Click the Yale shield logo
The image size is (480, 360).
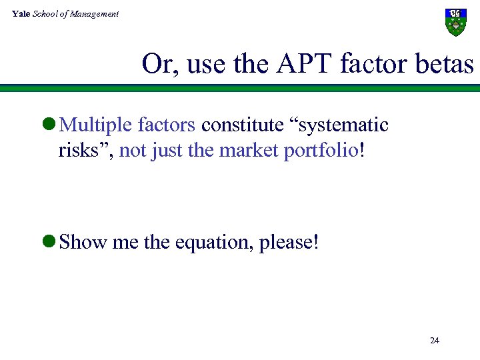[455, 22]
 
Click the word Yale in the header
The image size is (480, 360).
[21, 14]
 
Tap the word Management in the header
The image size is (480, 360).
[96, 14]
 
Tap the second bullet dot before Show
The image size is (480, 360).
[50, 242]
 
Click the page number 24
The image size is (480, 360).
[435, 341]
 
